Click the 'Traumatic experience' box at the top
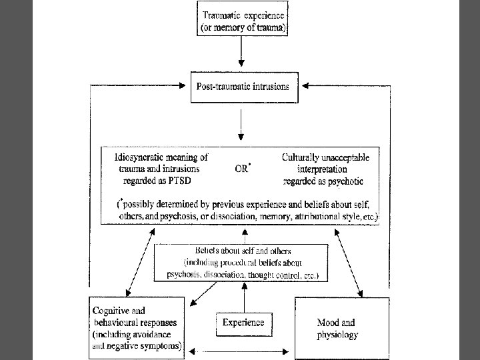pos(244,19)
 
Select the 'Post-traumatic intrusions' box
pos(243,86)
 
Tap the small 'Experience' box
pos(243,323)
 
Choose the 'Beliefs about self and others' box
pos(241,261)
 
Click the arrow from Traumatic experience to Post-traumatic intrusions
pos(242,53)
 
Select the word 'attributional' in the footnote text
pos(312,217)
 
